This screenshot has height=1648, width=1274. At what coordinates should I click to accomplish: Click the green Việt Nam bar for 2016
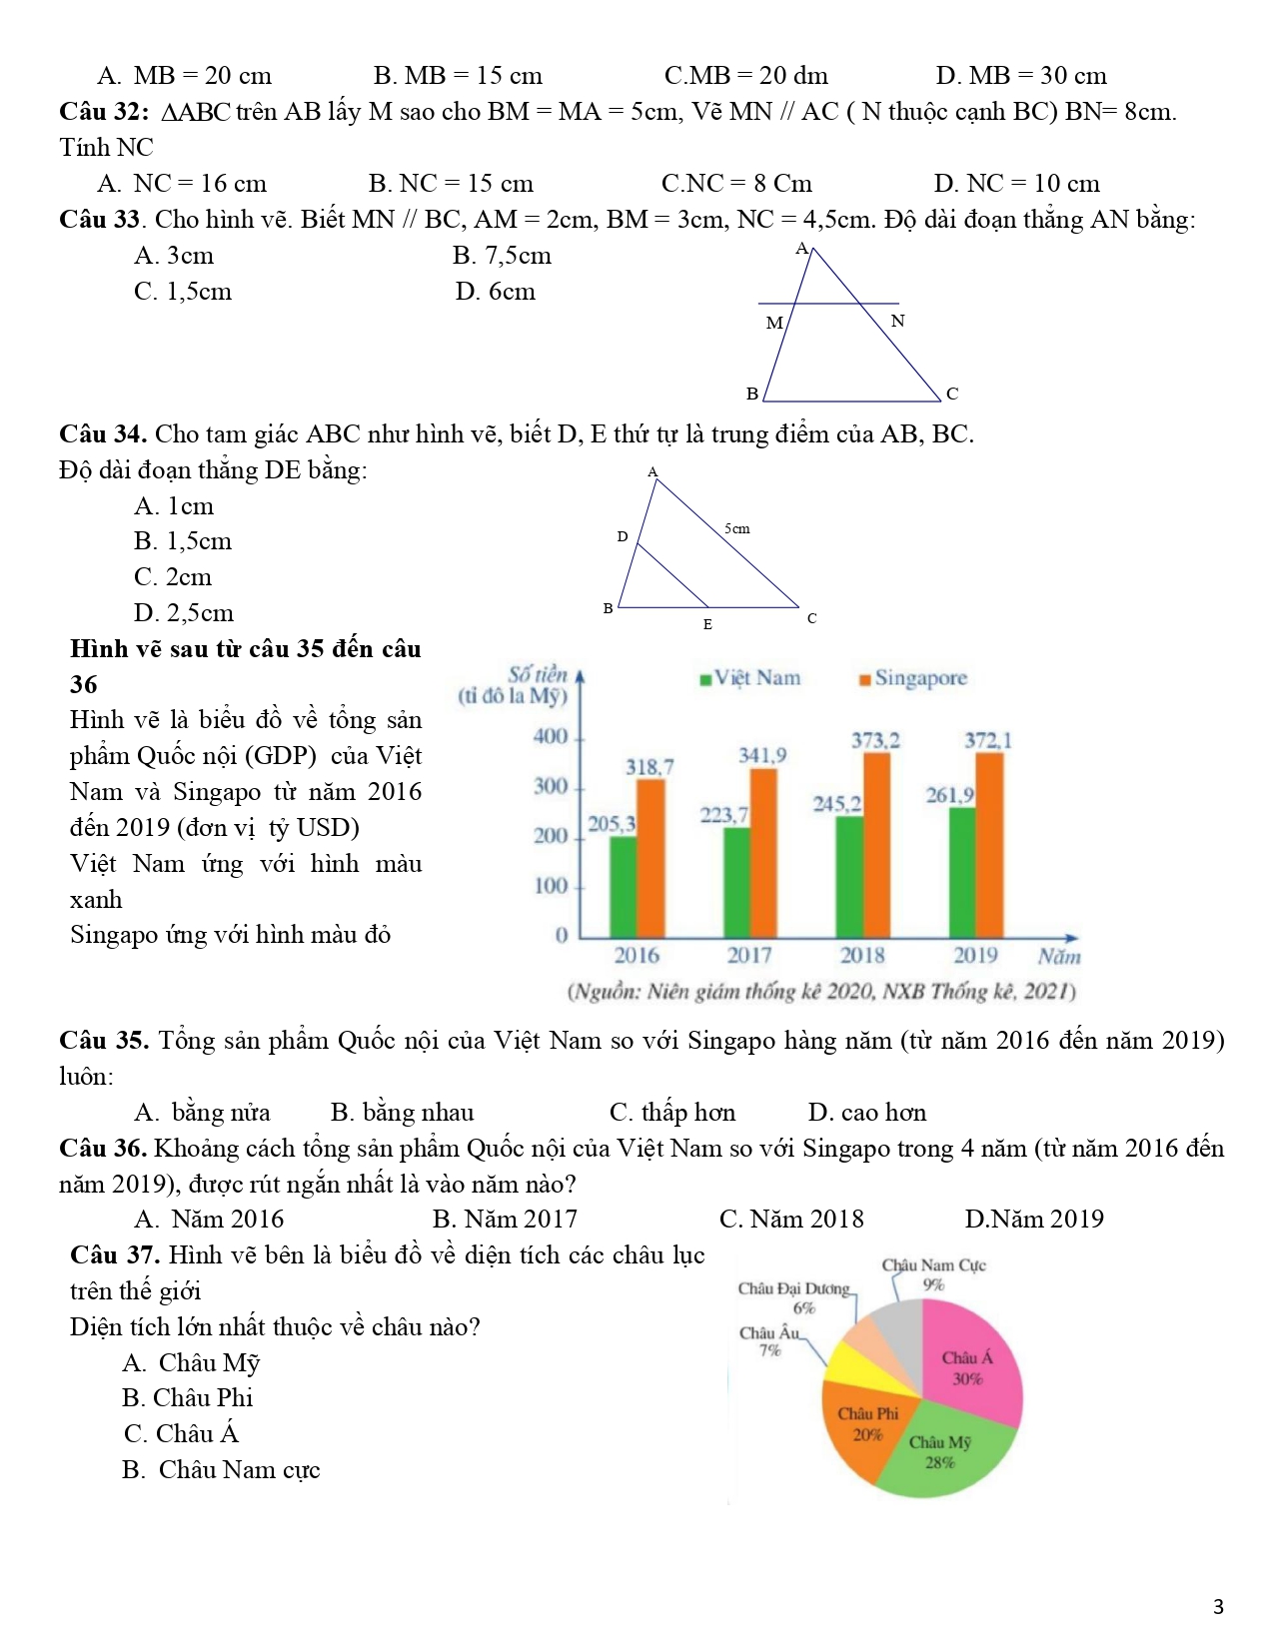[x=623, y=886]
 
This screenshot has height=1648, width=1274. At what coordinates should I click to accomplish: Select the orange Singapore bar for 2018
[x=876, y=844]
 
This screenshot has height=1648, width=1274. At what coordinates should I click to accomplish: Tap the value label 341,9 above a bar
[x=762, y=756]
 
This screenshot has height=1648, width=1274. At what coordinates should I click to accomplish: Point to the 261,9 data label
[x=949, y=796]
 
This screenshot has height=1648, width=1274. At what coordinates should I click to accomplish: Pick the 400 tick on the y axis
[x=551, y=737]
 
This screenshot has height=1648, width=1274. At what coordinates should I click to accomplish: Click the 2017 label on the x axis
[x=749, y=956]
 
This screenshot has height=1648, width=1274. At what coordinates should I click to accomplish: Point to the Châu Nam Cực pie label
[x=933, y=1265]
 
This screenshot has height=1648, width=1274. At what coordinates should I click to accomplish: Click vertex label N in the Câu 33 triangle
[x=897, y=322]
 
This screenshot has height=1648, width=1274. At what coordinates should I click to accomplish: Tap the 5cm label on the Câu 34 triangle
[x=737, y=528]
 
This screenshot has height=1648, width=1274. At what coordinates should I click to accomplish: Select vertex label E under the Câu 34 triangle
[x=707, y=625]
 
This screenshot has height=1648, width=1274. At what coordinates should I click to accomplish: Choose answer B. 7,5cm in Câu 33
[x=502, y=256]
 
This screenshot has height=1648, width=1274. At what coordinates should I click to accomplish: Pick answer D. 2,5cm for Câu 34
[x=184, y=613]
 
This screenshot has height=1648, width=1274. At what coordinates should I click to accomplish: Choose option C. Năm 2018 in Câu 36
[x=791, y=1220]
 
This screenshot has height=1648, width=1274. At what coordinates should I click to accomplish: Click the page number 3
[x=1218, y=1607]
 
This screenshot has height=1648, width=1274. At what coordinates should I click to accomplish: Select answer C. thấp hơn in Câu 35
[x=672, y=1113]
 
